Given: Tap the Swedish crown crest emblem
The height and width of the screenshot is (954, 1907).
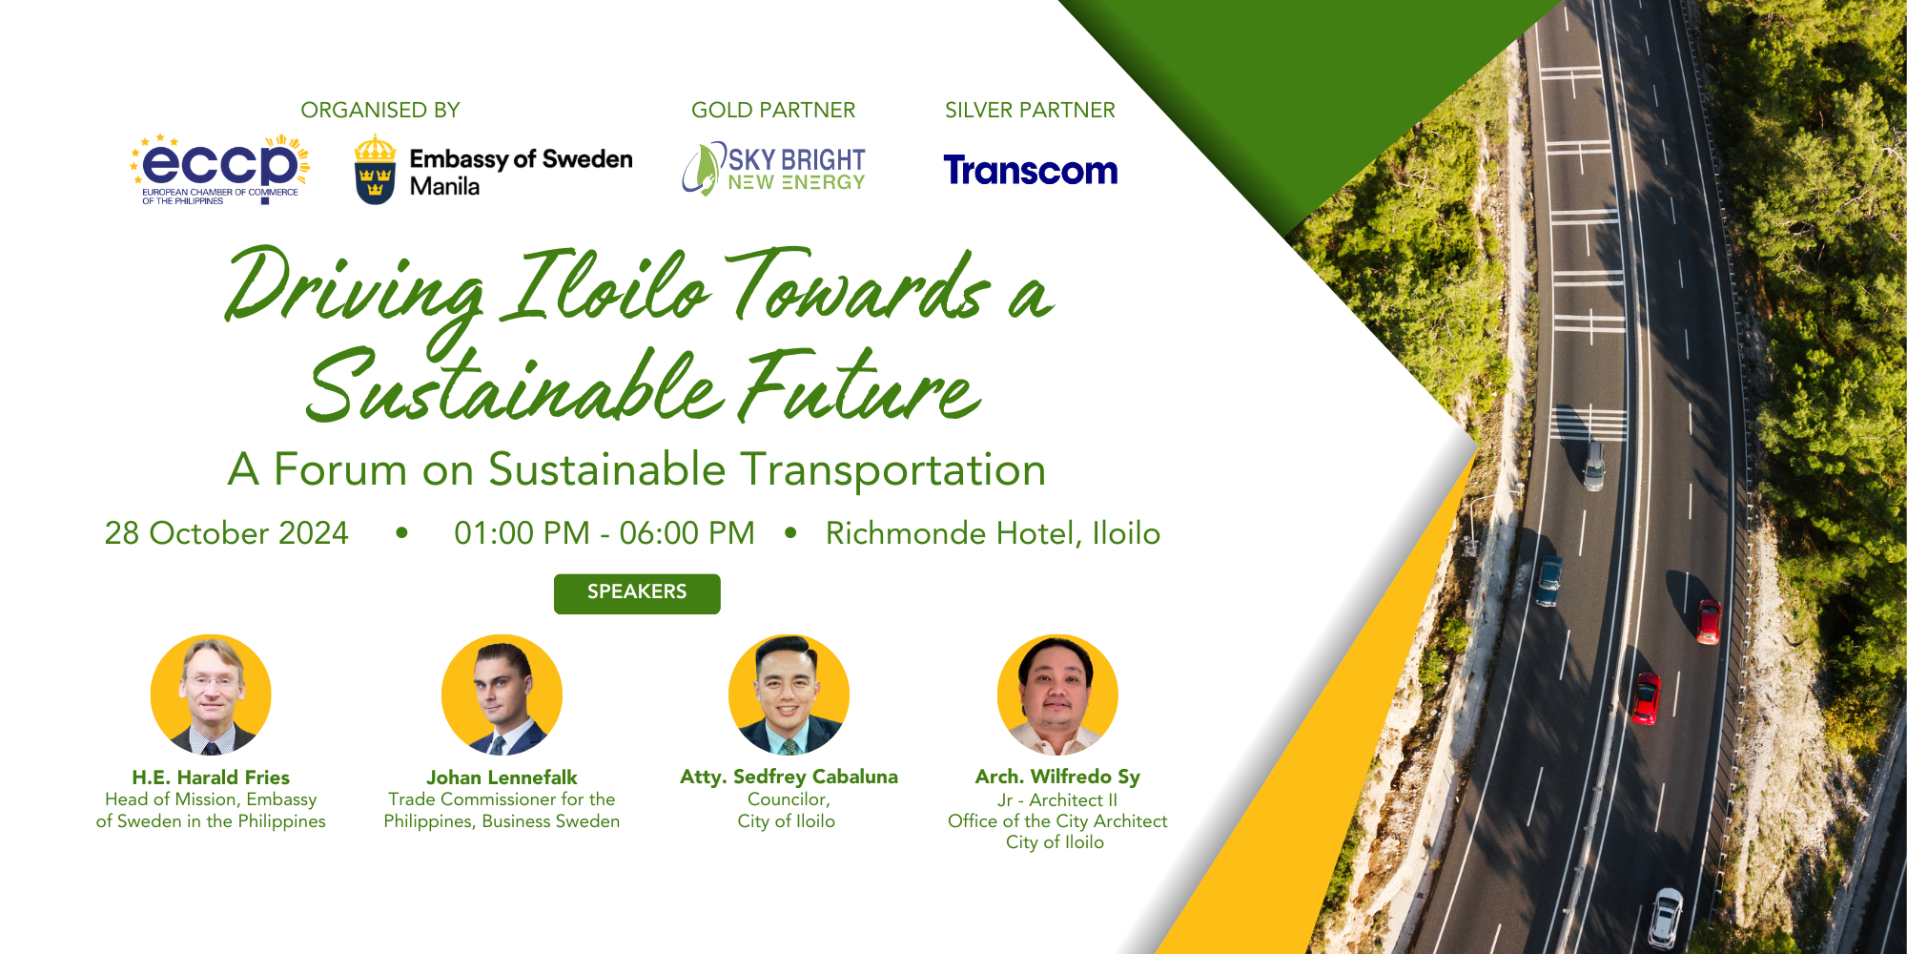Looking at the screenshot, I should pyautogui.click(x=375, y=170).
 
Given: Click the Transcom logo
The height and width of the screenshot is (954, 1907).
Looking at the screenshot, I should pyautogui.click(x=1030, y=171).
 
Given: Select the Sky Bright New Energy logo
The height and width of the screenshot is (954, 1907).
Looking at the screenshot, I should pyautogui.click(x=774, y=169).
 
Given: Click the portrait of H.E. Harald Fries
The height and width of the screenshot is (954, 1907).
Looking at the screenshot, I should pyautogui.click(x=211, y=695).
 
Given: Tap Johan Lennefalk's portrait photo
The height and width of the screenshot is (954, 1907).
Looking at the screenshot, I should pyautogui.click(x=502, y=695).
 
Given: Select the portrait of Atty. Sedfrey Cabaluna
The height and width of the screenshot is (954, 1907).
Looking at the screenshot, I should pyautogui.click(x=789, y=695).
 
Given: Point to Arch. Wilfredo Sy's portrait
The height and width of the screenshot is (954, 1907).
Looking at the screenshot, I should pyautogui.click(x=1057, y=695).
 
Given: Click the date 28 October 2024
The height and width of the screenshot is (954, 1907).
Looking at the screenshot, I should pyautogui.click(x=227, y=533).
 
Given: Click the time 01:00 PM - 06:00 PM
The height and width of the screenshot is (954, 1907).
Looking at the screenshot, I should pyautogui.click(x=605, y=533).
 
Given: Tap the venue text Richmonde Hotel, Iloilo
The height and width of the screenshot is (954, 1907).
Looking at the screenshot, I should pyautogui.click(x=993, y=533).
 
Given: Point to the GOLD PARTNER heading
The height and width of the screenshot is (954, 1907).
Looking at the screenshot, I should pyautogui.click(x=773, y=111).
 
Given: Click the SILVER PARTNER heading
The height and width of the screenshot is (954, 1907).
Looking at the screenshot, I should pyautogui.click(x=1030, y=111).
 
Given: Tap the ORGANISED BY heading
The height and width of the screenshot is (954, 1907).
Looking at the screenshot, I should pyautogui.click(x=380, y=111).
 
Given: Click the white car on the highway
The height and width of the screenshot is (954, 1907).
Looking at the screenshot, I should pyautogui.click(x=1666, y=916).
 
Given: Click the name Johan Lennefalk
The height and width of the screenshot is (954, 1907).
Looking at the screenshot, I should pyautogui.click(x=502, y=778).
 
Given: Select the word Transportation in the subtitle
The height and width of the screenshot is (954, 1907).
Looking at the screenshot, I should pyautogui.click(x=893, y=470).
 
